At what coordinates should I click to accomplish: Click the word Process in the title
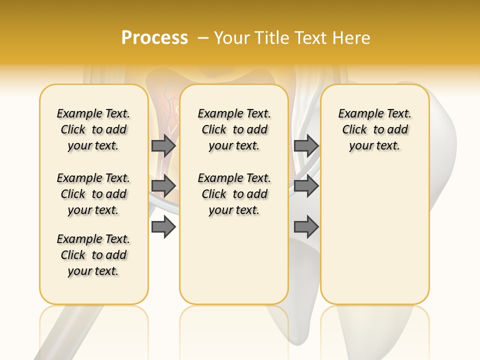click(154, 38)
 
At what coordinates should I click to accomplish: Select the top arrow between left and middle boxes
click(163, 145)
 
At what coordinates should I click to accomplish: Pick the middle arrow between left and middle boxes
click(163, 186)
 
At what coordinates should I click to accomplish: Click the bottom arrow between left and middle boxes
click(163, 227)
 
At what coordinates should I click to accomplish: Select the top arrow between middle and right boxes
click(306, 145)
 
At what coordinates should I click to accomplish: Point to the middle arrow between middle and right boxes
click(306, 186)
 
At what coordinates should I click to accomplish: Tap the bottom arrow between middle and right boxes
click(306, 227)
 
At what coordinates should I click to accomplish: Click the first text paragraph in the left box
click(93, 129)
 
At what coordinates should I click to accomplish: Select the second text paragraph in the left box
click(93, 194)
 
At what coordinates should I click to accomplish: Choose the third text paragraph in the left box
click(93, 255)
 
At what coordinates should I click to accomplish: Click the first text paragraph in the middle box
click(234, 129)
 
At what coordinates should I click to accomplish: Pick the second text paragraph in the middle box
click(234, 194)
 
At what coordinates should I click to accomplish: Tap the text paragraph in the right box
click(374, 129)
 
